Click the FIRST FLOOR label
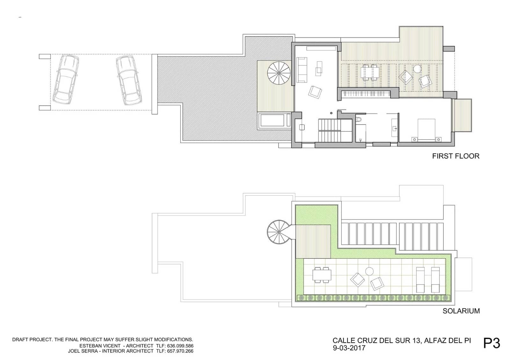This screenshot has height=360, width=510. [455, 156]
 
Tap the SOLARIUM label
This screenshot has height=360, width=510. [461, 311]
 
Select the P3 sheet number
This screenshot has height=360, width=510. [492, 343]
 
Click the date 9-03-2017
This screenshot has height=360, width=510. [349, 348]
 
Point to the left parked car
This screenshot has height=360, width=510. [66, 79]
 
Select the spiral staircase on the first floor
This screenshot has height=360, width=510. [279, 73]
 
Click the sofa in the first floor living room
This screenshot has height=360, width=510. [302, 70]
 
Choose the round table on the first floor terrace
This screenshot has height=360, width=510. [417, 68]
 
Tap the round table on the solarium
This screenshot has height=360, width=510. [369, 271]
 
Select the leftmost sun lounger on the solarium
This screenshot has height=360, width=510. [421, 279]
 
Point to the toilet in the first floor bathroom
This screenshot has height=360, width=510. [360, 120]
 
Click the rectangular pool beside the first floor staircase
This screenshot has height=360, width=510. [273, 121]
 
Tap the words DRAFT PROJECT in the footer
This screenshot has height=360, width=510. [32, 340]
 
